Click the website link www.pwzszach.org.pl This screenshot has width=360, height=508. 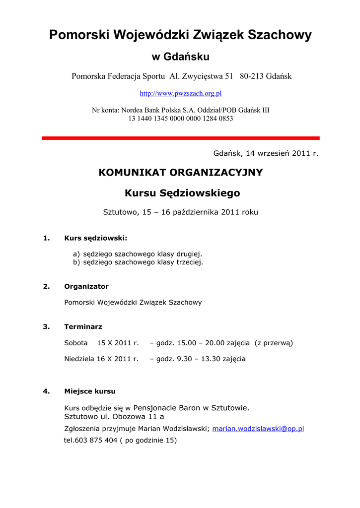[x=180, y=93]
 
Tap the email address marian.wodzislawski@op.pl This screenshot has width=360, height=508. [x=258, y=429]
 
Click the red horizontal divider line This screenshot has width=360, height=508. [x=181, y=138]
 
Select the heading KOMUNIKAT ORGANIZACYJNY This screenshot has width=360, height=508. [x=181, y=173]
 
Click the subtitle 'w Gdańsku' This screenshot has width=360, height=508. [x=180, y=57]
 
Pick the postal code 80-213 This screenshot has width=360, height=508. [x=252, y=76]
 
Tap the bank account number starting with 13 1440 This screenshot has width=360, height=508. [x=181, y=119]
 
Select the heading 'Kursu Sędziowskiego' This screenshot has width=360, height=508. [x=182, y=193]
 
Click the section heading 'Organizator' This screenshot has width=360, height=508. [x=86, y=287]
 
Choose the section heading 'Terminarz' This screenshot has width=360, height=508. [x=83, y=327]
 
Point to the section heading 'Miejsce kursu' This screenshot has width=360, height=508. [x=90, y=391]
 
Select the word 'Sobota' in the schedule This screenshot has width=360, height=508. [x=76, y=343]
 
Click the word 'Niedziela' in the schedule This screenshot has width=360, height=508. [x=79, y=359]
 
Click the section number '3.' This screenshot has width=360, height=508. [x=46, y=327]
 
